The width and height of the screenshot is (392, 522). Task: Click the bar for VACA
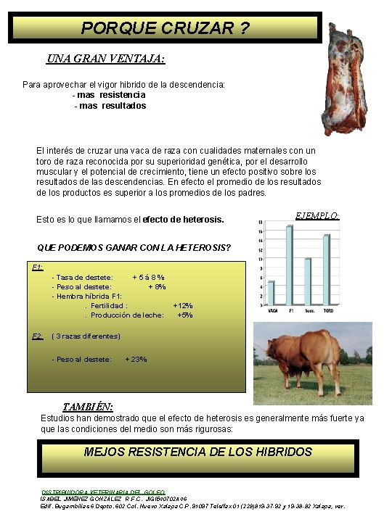click(271, 293)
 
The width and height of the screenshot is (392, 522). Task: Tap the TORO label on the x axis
click(328, 310)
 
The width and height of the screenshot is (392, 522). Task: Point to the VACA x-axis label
click(272, 310)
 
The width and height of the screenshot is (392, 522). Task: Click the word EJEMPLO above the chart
click(317, 215)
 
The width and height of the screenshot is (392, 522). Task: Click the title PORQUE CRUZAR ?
click(165, 28)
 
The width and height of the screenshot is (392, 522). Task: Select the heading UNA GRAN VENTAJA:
click(106, 59)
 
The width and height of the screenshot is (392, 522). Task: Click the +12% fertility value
click(183, 306)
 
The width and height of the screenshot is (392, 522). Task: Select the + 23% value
click(136, 359)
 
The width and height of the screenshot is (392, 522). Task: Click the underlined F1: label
click(38, 267)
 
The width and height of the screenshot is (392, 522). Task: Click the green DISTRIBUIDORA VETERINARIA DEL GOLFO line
click(103, 492)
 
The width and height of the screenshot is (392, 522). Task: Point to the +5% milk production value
click(185, 315)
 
